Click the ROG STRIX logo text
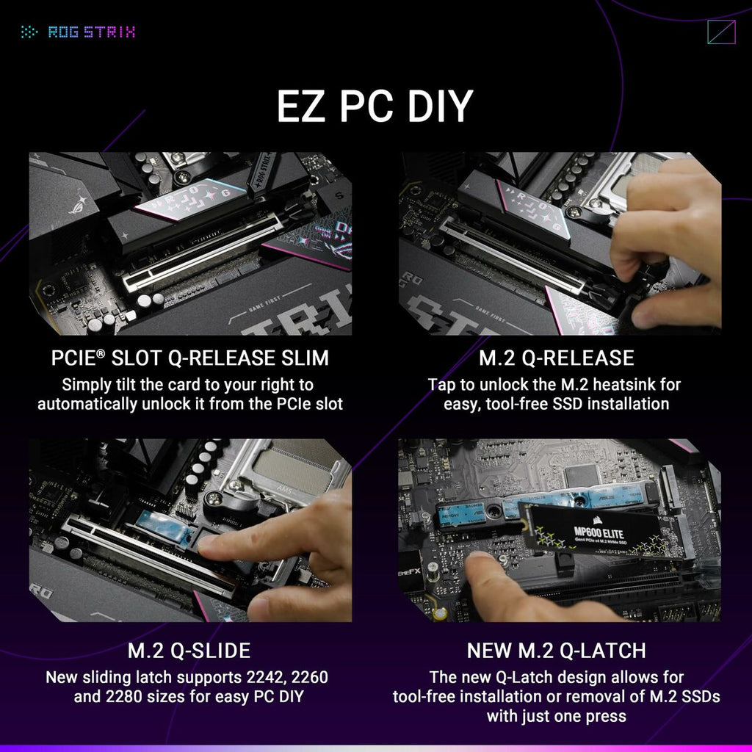pos(91,32)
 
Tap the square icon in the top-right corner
pos(720,32)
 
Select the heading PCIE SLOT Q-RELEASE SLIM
pos(190,358)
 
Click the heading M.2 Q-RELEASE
pos(556,358)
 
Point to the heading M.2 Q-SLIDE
pos(189,651)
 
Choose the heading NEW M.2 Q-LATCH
pos(556,651)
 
